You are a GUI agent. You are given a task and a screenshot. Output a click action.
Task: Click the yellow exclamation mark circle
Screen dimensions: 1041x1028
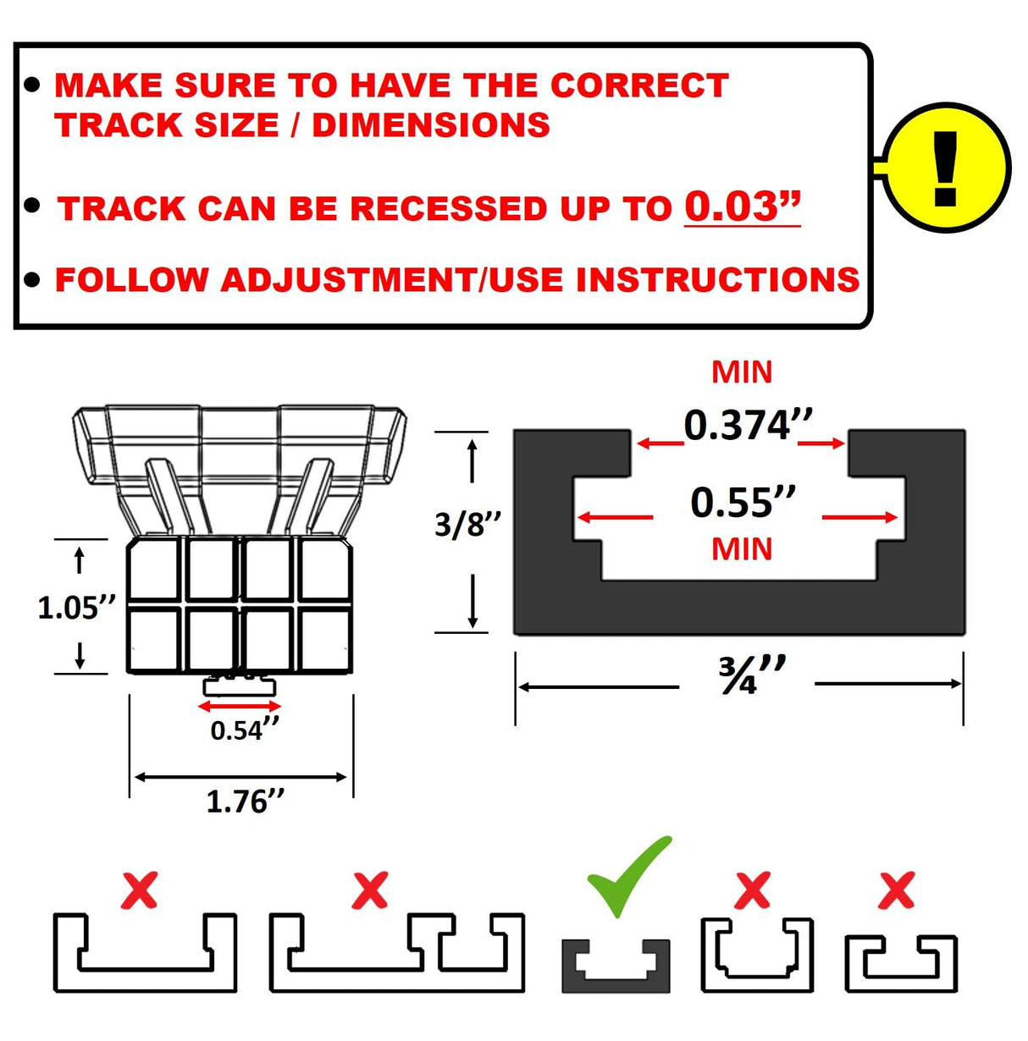tap(946, 168)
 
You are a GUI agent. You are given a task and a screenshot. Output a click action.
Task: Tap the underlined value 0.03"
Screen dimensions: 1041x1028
tap(742, 207)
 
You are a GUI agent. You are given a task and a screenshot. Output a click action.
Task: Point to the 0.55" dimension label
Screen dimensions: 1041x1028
tap(742, 503)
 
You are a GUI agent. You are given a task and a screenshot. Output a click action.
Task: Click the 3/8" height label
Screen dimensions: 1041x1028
tap(467, 525)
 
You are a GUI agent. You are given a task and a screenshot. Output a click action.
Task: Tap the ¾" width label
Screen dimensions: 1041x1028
tap(750, 675)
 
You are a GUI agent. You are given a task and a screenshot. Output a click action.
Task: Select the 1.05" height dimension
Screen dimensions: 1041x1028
tap(76, 608)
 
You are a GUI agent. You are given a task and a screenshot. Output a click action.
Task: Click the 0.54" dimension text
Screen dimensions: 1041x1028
tap(244, 730)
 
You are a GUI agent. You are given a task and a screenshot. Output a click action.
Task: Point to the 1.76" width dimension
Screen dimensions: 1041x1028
tap(245, 801)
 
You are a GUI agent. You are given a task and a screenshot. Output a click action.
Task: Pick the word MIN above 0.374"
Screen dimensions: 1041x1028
tap(742, 372)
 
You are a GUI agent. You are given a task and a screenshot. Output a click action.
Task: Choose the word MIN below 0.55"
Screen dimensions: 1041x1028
tap(742, 549)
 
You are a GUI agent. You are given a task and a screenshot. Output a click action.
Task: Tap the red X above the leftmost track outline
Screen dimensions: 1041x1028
tap(139, 891)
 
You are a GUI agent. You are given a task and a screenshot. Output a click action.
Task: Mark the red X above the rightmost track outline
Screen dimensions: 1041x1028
tap(896, 890)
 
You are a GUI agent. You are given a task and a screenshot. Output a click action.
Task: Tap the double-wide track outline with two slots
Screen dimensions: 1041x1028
tap(396, 953)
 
